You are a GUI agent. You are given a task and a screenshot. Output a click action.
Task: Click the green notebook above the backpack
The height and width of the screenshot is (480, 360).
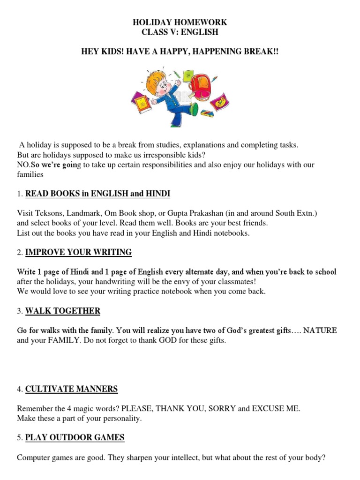[x=188, y=75]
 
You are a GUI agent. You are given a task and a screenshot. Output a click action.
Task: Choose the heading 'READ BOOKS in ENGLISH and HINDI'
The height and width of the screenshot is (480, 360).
[x=97, y=193]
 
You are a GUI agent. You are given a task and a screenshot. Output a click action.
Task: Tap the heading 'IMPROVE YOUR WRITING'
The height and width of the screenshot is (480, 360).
[x=78, y=252]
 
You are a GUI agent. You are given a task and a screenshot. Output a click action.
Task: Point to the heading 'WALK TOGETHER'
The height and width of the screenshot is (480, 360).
[x=62, y=311]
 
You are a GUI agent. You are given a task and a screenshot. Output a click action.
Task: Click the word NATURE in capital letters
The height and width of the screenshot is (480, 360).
[x=320, y=330]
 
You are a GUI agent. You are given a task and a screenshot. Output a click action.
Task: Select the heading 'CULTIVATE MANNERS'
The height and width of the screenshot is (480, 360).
[x=71, y=389]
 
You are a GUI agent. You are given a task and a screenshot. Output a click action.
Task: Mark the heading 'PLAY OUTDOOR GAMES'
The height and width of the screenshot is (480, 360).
[x=75, y=437]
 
